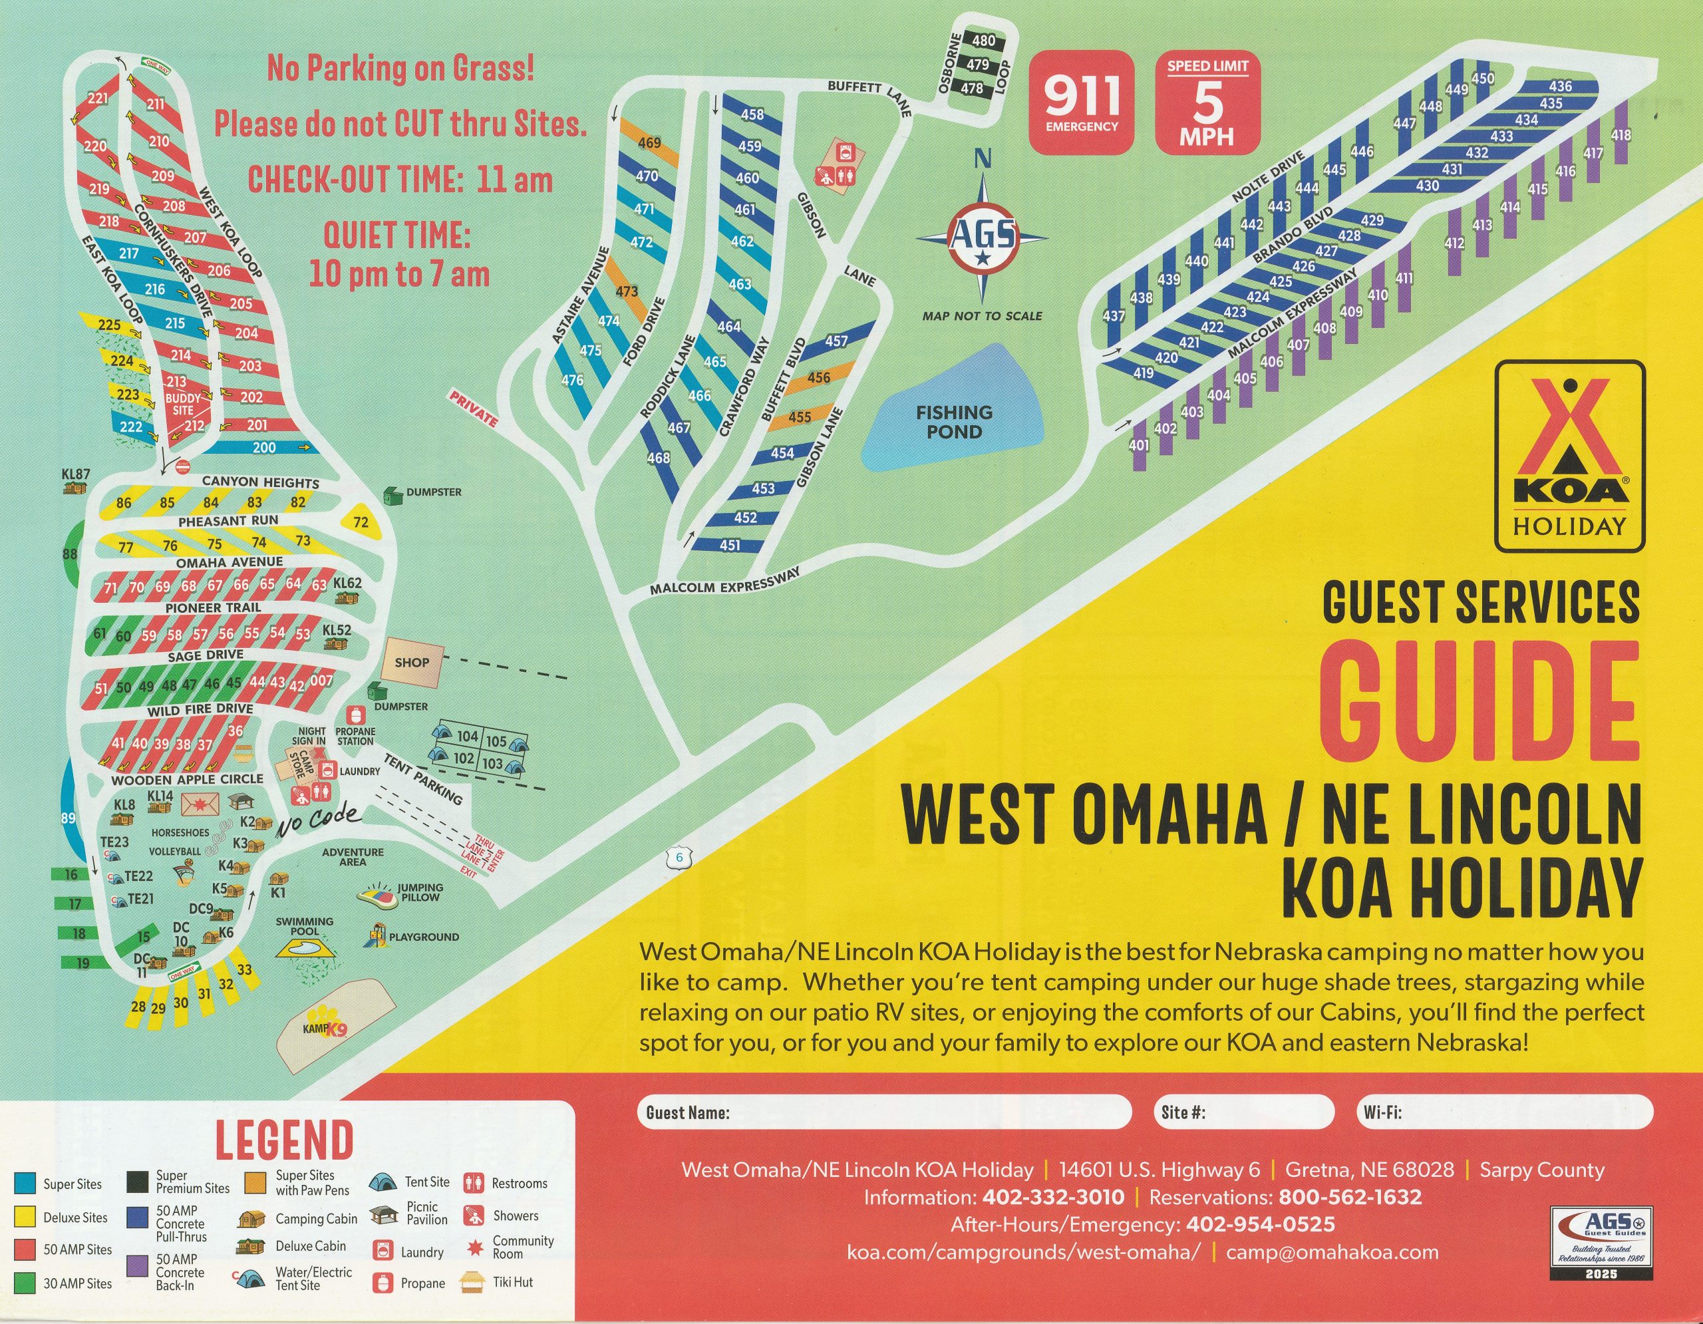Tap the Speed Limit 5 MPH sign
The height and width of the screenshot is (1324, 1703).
pyautogui.click(x=1207, y=102)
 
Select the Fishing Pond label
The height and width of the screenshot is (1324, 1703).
pyautogui.click(x=954, y=422)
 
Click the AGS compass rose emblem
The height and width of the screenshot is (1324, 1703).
pyautogui.click(x=983, y=237)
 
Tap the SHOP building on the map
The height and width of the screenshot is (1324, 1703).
pyautogui.click(x=412, y=662)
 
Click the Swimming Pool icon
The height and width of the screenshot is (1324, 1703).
pyautogui.click(x=305, y=948)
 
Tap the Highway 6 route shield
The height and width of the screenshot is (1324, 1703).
pyautogui.click(x=679, y=858)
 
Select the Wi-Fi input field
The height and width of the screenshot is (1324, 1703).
pyautogui.click(x=1503, y=1112)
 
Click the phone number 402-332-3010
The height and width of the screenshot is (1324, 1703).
pyautogui.click(x=1052, y=1198)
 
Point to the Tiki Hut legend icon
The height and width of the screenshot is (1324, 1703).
pyautogui.click(x=472, y=1281)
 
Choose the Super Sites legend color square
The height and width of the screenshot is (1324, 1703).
pyautogui.click(x=26, y=1184)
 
